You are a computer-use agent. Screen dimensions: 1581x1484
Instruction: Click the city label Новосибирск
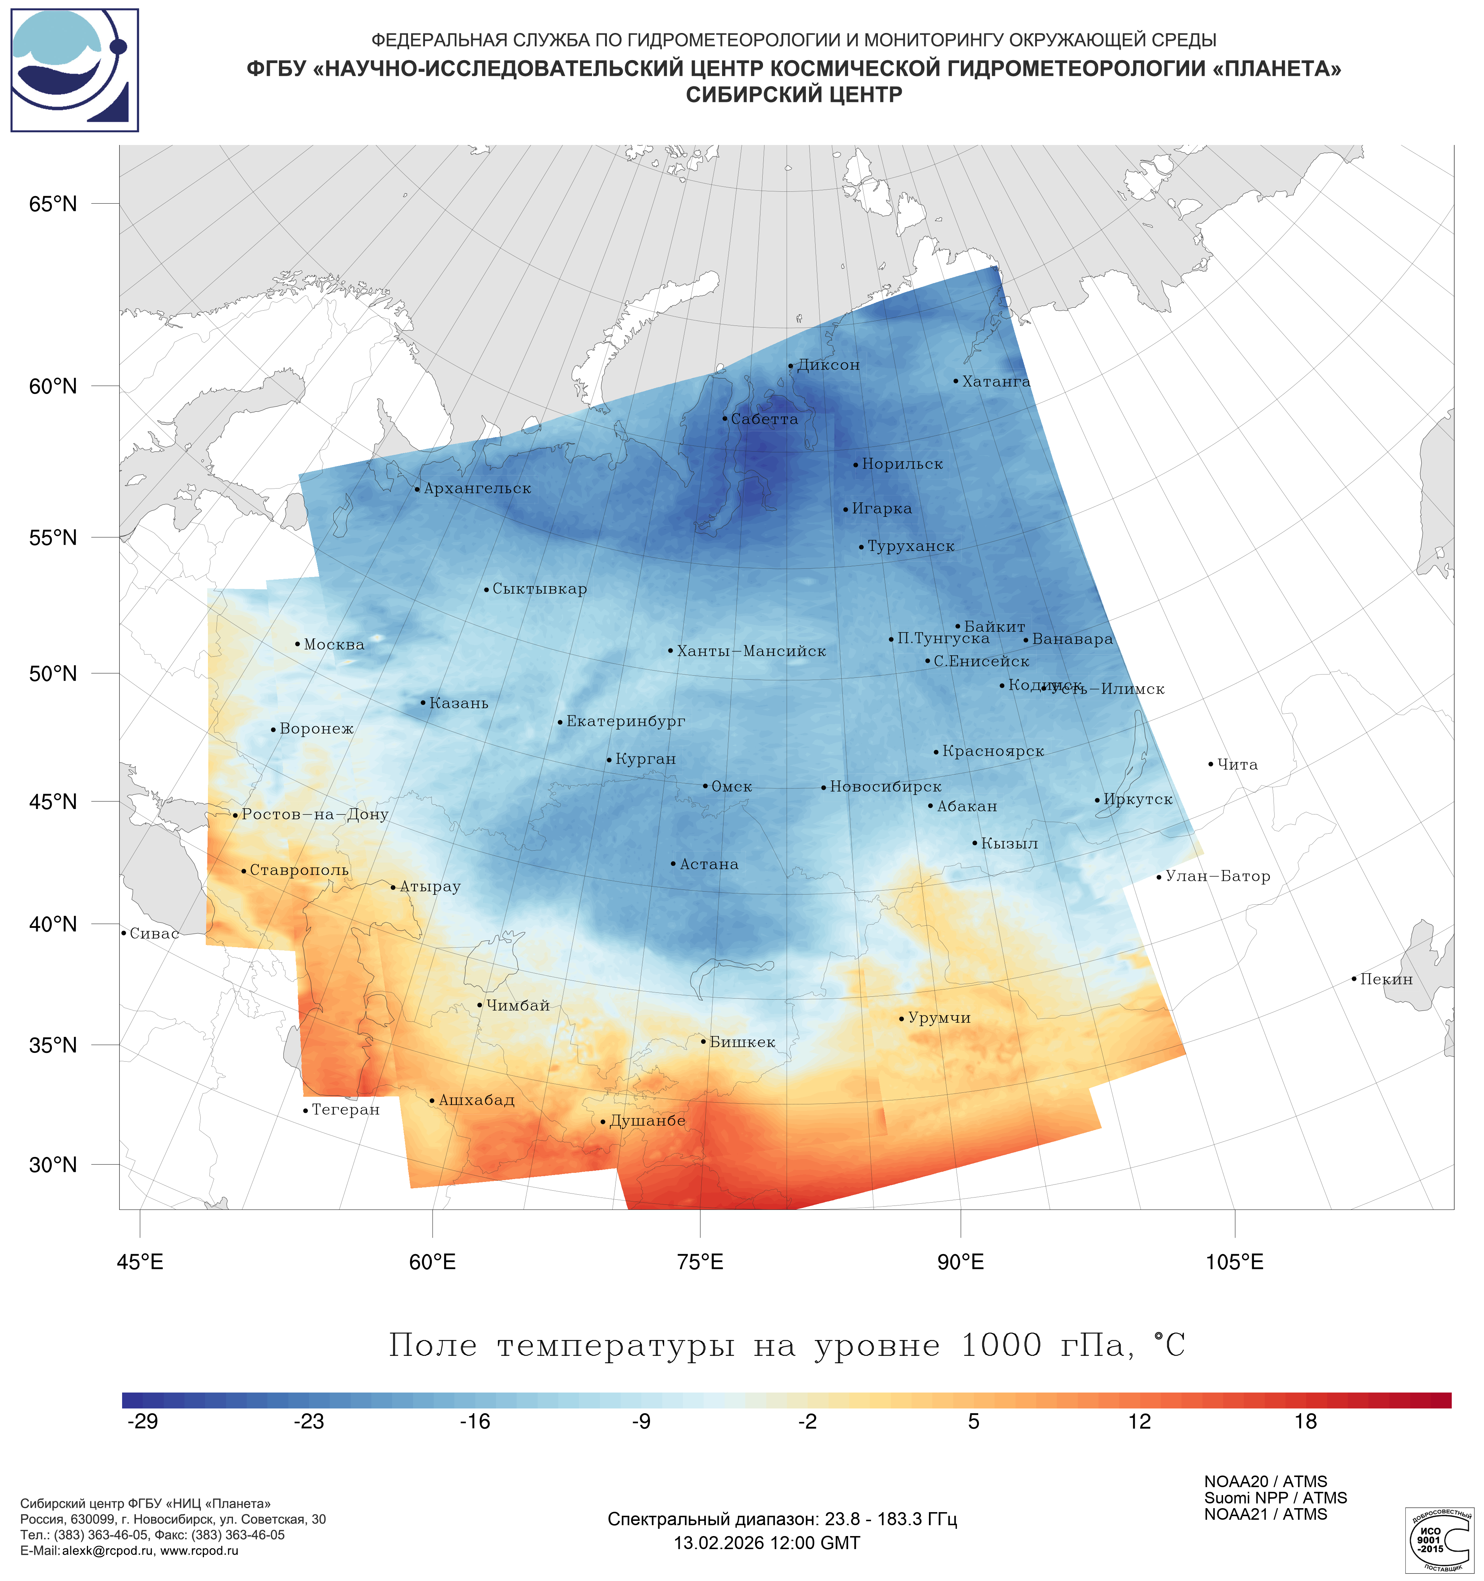[885, 787]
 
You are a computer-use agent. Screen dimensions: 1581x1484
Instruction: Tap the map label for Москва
[334, 644]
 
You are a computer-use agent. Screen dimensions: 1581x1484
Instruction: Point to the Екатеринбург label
[626, 721]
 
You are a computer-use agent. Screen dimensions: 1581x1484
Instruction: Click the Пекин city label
[1386, 979]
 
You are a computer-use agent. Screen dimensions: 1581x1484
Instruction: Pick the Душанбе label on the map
[647, 1121]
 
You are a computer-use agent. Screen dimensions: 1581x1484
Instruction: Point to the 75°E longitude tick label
[700, 1262]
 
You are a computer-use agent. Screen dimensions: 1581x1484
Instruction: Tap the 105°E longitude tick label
[1234, 1262]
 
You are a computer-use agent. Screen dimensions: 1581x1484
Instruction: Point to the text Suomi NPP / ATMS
[1275, 1498]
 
